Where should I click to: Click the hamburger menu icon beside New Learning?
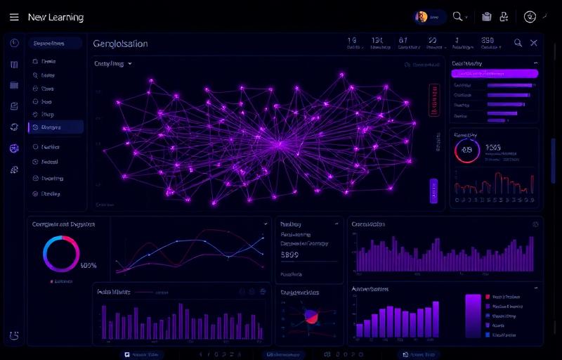14,17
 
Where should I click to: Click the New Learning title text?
55,17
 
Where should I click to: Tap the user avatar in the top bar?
422,17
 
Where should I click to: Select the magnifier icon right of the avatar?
458,17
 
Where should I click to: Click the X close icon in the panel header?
534,43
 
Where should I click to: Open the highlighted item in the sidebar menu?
55,127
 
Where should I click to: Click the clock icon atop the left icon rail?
14,44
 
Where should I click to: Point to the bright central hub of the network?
280,145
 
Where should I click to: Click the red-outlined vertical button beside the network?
433,101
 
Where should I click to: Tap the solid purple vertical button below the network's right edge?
433,191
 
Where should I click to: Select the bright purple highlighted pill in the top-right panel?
495,72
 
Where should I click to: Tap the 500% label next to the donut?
89,266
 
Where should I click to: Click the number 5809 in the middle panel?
289,256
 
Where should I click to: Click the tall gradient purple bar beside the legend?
473,316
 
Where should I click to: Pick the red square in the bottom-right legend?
488,297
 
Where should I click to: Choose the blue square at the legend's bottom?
488,335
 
